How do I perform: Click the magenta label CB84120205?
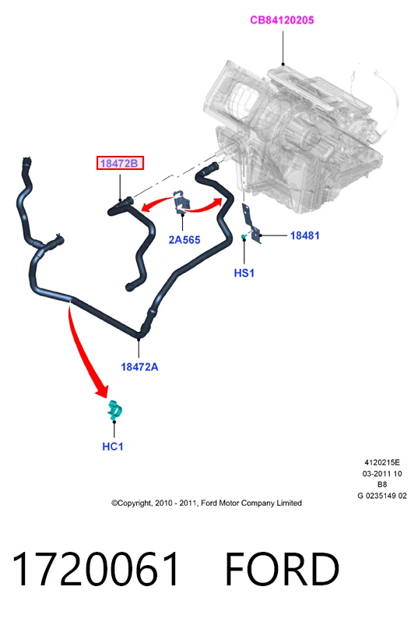click(x=282, y=19)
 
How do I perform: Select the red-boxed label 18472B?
click(x=120, y=163)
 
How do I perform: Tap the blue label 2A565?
click(x=184, y=239)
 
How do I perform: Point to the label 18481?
click(x=304, y=235)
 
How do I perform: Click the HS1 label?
click(x=244, y=273)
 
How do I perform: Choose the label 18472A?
click(x=139, y=367)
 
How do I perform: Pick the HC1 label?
click(x=113, y=447)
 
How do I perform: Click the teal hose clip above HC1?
click(x=114, y=410)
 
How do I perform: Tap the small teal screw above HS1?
click(x=244, y=237)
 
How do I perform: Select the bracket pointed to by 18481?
click(x=252, y=224)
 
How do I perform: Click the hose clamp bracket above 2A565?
click(x=181, y=203)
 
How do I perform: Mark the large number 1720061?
click(x=96, y=569)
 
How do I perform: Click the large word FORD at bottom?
click(x=282, y=569)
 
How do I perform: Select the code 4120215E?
click(x=382, y=462)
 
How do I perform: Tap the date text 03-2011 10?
click(x=382, y=473)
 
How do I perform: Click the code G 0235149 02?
click(x=382, y=496)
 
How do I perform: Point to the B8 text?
click(x=382, y=484)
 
